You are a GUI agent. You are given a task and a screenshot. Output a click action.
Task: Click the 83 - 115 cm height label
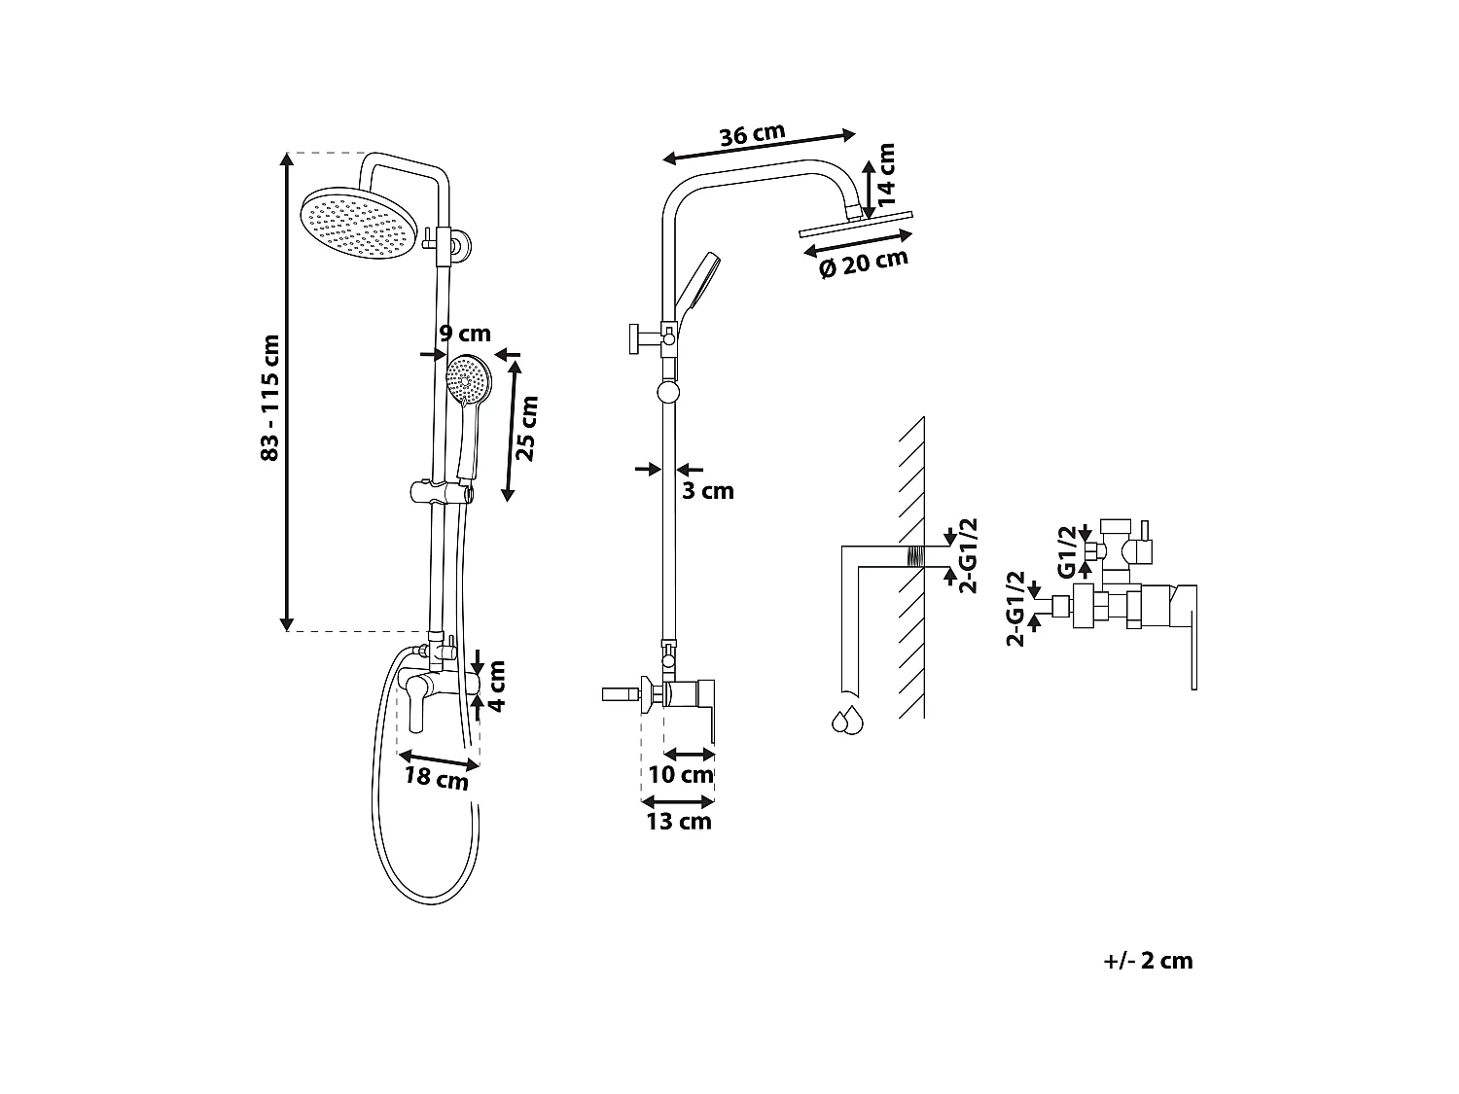[x=270, y=398]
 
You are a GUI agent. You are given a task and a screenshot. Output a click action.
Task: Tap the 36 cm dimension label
[x=752, y=134]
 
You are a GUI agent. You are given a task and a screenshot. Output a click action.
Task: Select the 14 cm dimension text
[x=885, y=174]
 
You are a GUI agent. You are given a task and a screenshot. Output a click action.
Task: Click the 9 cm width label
[x=465, y=334]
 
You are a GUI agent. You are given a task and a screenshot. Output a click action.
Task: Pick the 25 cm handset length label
[x=526, y=429]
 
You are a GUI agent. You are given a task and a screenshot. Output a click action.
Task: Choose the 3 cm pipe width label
[x=708, y=491]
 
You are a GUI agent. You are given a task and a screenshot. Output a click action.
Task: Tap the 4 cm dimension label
[x=497, y=687]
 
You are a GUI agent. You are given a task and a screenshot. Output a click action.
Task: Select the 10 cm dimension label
[x=681, y=775]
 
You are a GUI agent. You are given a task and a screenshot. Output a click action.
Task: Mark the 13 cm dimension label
[x=679, y=822]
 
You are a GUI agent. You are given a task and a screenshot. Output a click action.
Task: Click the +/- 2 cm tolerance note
[x=1148, y=961]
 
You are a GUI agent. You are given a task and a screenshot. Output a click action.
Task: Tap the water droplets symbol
[x=846, y=721]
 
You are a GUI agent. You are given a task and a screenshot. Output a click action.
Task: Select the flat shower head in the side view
[x=856, y=228]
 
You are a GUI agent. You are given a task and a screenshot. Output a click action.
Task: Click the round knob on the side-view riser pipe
[x=668, y=393]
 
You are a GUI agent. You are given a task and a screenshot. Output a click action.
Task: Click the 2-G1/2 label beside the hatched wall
[x=967, y=555]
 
